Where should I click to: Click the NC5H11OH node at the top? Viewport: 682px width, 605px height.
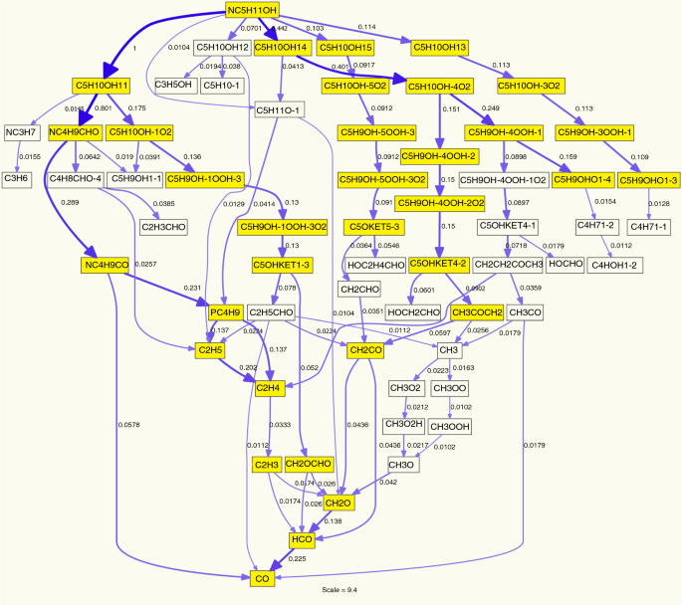pos(252,10)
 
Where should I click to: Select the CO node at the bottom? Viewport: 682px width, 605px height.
pos(262,577)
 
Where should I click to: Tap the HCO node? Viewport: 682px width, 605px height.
pos(302,539)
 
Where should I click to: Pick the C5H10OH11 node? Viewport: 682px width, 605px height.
pos(102,86)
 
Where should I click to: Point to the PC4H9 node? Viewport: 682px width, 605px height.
pos(225,313)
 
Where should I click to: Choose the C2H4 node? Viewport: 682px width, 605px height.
pos(268,387)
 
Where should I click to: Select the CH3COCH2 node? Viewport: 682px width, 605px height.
pos(477,313)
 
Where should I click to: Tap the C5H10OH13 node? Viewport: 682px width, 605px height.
pos(439,48)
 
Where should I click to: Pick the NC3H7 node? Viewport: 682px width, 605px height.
pos(21,131)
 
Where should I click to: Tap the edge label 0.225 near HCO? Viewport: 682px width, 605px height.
pos(297,559)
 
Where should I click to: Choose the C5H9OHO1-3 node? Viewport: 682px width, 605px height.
pos(648,180)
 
